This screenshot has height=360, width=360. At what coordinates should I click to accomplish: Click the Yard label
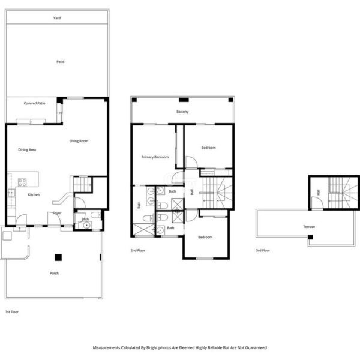click(x=57, y=18)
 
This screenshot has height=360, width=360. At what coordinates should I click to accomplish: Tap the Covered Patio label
click(x=34, y=103)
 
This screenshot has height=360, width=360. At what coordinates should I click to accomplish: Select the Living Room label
click(x=79, y=141)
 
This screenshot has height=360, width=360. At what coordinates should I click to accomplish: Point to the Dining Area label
click(x=27, y=149)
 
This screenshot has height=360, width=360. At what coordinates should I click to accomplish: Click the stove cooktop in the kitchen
click(x=22, y=182)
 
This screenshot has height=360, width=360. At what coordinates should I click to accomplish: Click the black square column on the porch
click(x=58, y=257)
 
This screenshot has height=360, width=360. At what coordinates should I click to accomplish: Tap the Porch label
click(x=54, y=273)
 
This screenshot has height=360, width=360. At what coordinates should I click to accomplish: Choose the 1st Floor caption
click(x=12, y=312)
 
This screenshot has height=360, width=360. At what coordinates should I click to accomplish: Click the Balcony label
click(x=182, y=112)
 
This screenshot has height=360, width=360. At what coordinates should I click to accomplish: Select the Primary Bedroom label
click(x=155, y=157)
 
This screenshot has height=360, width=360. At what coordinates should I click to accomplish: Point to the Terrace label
click(x=309, y=227)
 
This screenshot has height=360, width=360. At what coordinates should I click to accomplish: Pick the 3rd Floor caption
click(x=263, y=250)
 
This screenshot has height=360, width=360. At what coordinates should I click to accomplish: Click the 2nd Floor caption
click(x=138, y=250)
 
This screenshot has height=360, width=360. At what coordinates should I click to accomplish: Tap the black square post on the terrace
click(x=310, y=237)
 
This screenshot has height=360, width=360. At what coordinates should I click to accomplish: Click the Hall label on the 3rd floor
click(x=318, y=192)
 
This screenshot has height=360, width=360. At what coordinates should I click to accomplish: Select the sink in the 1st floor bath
click(x=86, y=225)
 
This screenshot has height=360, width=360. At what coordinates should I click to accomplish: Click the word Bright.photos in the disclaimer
click(x=159, y=348)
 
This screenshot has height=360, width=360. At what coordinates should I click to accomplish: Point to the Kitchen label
click(x=34, y=194)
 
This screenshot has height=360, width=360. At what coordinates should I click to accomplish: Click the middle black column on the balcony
click(x=184, y=100)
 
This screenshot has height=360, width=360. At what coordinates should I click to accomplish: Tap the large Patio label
click(x=61, y=62)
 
